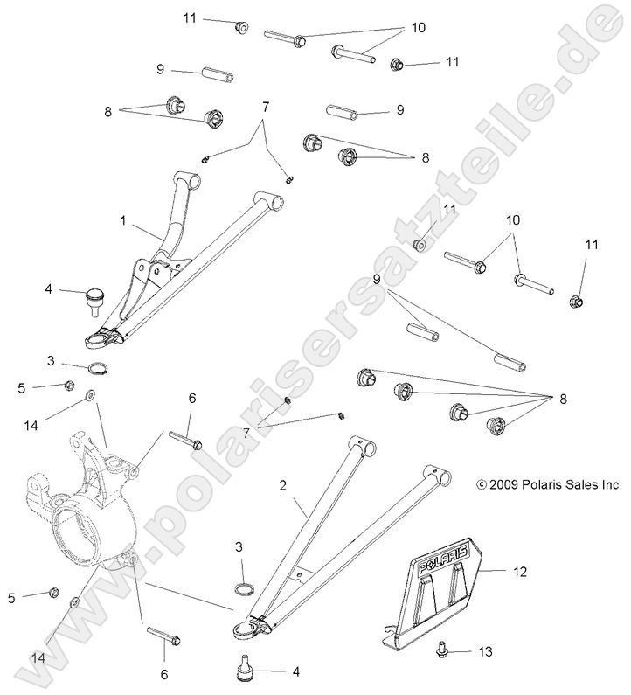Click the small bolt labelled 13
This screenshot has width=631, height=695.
(x=440, y=650)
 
